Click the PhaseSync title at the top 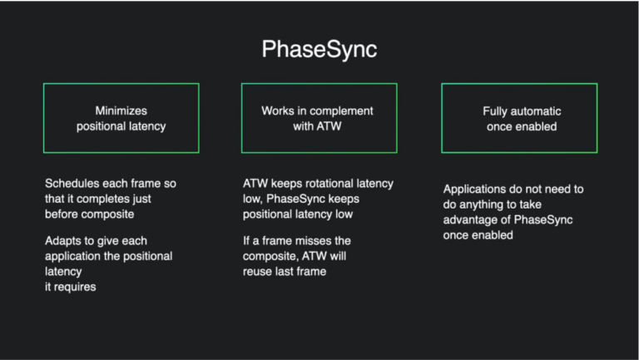click(319, 49)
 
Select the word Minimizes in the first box click(121, 111)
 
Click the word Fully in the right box click(496, 111)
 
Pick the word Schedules click(72, 183)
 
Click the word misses click(313, 240)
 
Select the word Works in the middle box click(276, 111)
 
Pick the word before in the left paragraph click(62, 215)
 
